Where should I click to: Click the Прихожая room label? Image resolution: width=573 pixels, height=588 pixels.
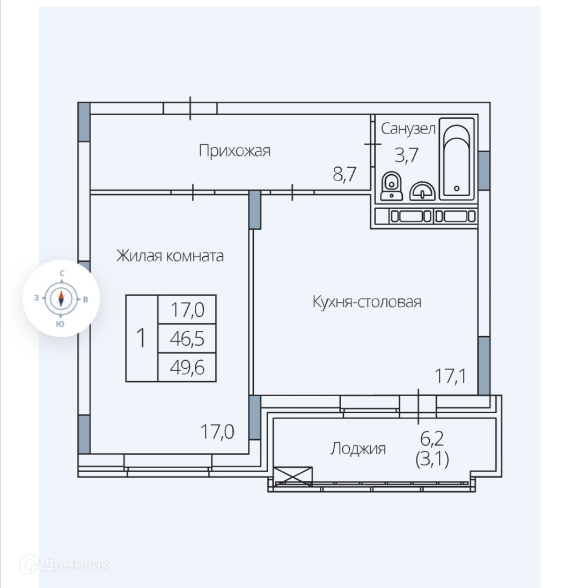tap(234, 151)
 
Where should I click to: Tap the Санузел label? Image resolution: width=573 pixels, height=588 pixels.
tap(408, 129)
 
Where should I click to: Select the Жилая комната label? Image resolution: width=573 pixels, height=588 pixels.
tap(170, 256)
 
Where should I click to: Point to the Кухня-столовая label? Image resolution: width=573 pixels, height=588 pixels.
tap(366, 302)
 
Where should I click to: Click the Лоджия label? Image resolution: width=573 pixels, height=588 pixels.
tap(357, 448)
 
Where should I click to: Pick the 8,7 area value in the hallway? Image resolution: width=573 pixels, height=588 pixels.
tap(344, 174)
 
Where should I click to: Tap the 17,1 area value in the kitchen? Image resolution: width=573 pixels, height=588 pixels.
tap(449, 376)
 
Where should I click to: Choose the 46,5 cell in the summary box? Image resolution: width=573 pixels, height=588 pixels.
tap(187, 339)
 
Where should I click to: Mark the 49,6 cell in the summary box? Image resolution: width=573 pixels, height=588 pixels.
tap(187, 368)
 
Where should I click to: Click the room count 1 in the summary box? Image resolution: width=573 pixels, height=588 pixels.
tap(142, 338)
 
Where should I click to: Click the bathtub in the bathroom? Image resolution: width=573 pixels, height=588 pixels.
tap(457, 159)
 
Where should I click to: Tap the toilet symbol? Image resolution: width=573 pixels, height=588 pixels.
tap(391, 187)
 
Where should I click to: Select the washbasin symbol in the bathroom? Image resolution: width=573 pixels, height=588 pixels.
tap(422, 191)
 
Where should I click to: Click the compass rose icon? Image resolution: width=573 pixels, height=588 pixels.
tap(61, 298)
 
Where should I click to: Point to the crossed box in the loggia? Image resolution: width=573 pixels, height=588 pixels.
tap(292, 475)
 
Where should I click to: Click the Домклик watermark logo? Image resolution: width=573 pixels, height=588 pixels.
tap(64, 564)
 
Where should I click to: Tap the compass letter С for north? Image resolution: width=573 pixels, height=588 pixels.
tap(62, 273)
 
